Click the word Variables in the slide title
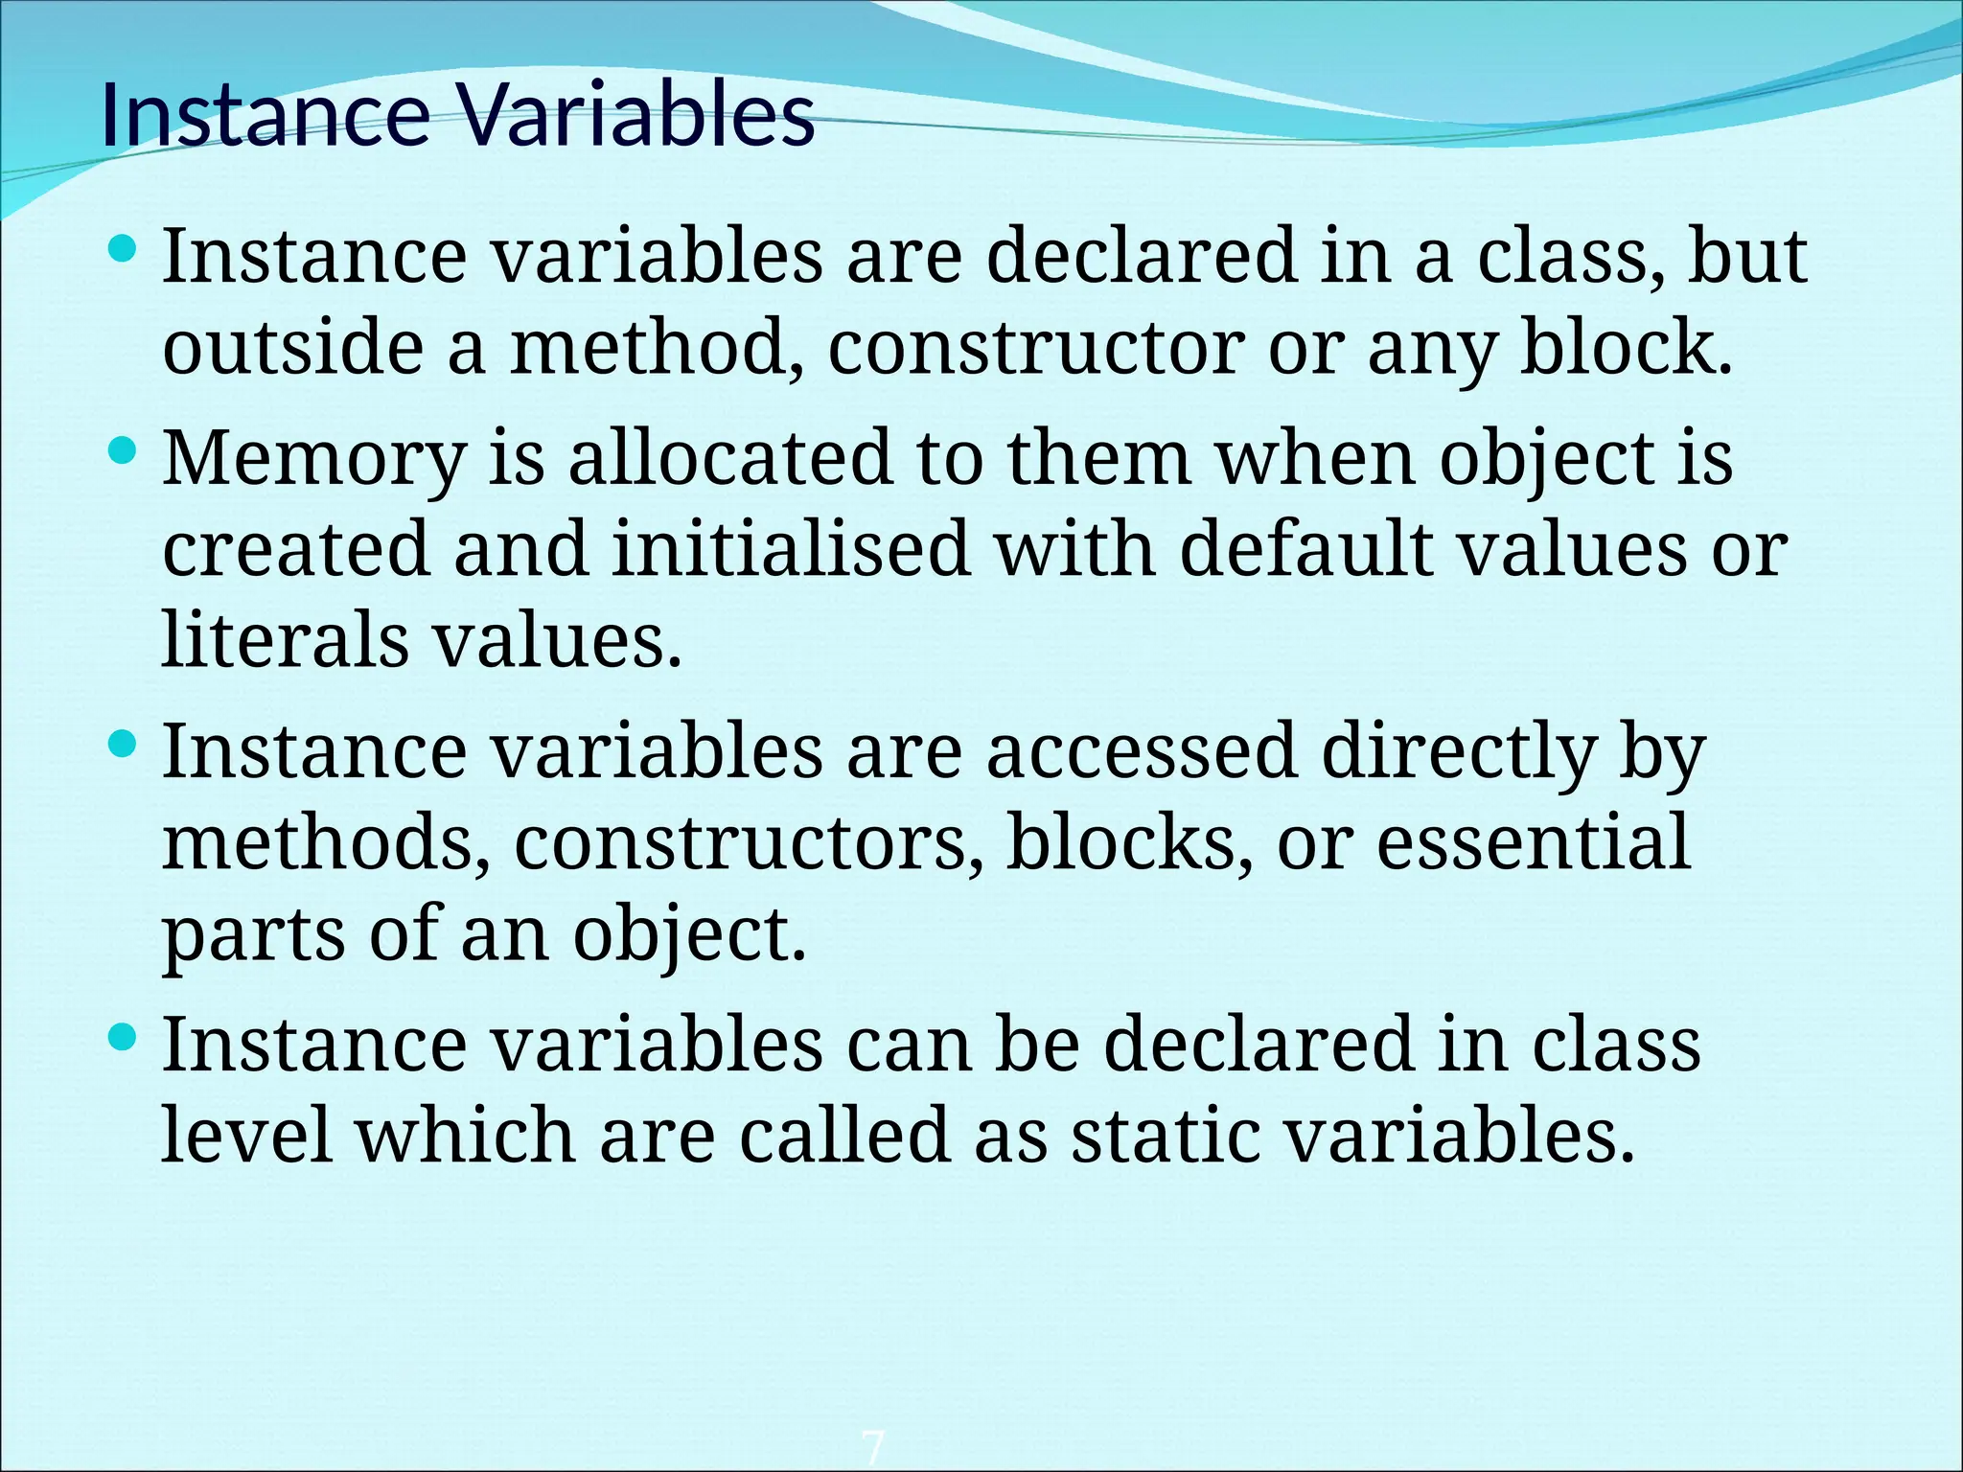[635, 116]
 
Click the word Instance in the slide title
[265, 116]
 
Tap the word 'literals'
[285, 639]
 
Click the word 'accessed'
[1142, 751]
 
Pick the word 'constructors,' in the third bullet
[749, 842]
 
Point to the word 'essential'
[1533, 842]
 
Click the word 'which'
[466, 1135]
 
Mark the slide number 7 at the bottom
[872, 1447]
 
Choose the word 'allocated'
[729, 458]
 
